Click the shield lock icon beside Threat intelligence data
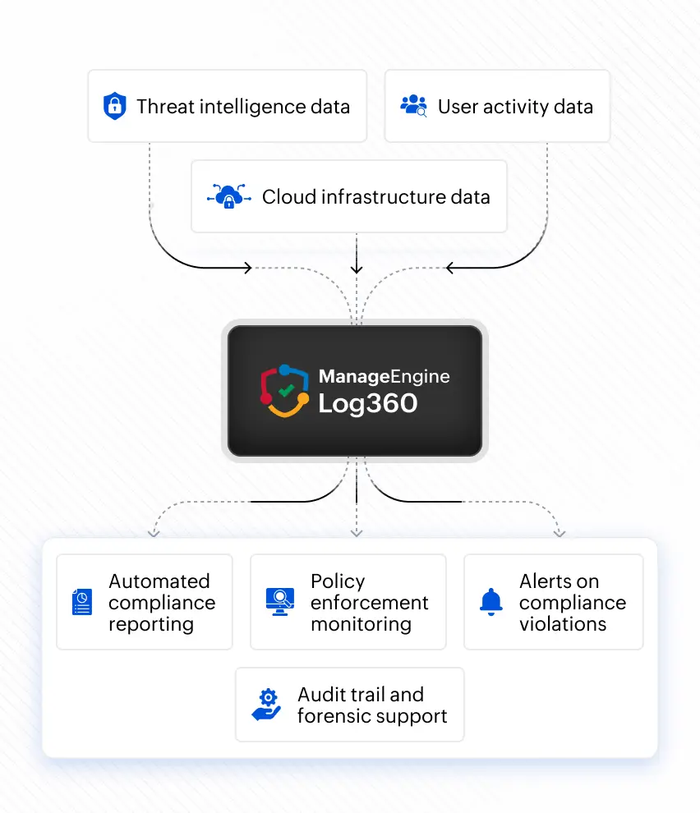pyautogui.click(x=115, y=106)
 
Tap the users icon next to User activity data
pyautogui.click(x=413, y=106)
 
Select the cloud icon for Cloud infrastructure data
pyautogui.click(x=229, y=196)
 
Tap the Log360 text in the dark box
pyautogui.click(x=368, y=404)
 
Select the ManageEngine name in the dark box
pyautogui.click(x=384, y=376)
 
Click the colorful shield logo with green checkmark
pyautogui.click(x=284, y=390)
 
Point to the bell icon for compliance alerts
pyautogui.click(x=490, y=602)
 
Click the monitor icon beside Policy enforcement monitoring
pyautogui.click(x=280, y=601)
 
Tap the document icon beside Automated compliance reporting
pyautogui.click(x=82, y=602)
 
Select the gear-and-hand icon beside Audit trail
pyautogui.click(x=267, y=705)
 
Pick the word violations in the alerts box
pyautogui.click(x=563, y=624)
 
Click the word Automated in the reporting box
pyautogui.click(x=159, y=581)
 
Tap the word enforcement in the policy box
pyautogui.click(x=370, y=603)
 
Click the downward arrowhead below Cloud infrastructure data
pyautogui.click(x=357, y=269)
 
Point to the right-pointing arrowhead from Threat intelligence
pyautogui.click(x=247, y=268)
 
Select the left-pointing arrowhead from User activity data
pyautogui.click(x=450, y=268)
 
